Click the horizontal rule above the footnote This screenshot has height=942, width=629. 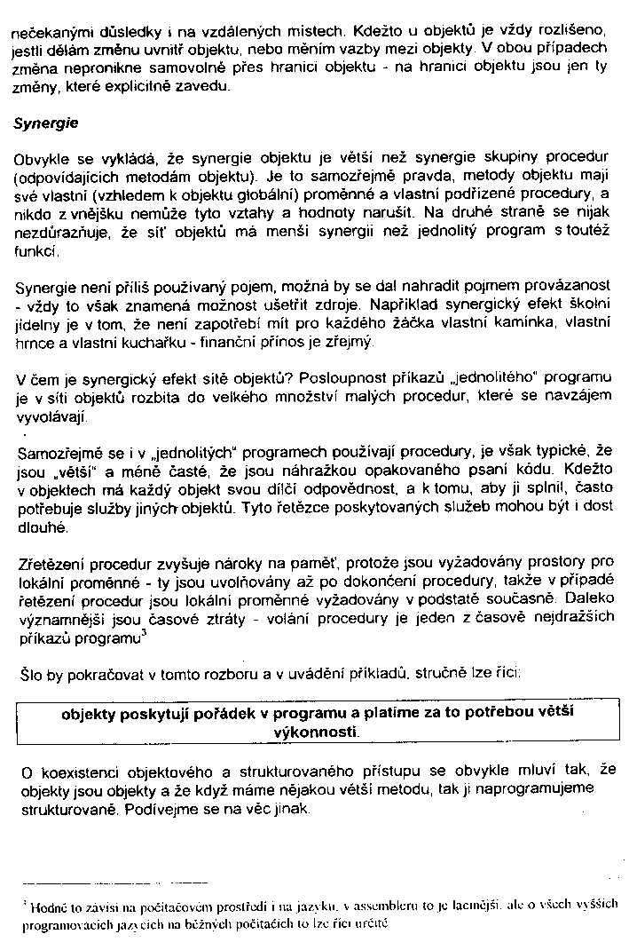[115, 883]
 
